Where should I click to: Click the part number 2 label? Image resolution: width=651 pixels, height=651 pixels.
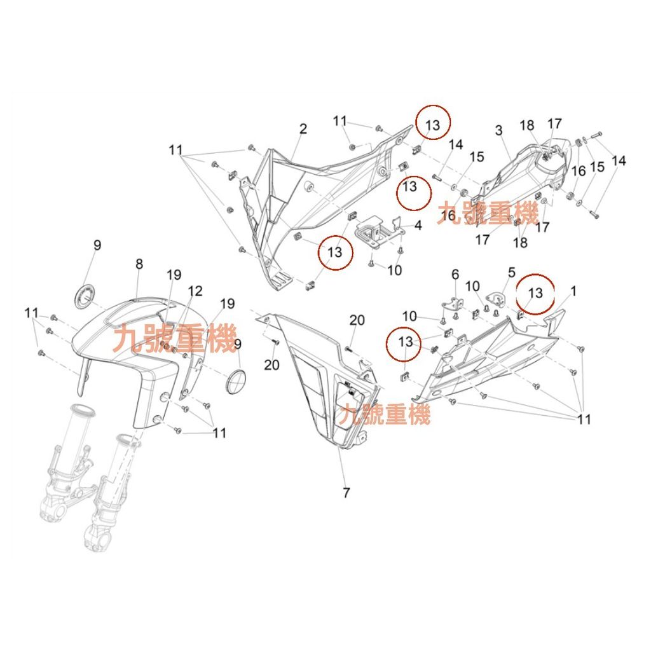[x=303, y=129]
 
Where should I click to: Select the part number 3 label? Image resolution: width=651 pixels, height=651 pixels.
[x=499, y=130]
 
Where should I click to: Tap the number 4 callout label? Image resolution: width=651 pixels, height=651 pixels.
[x=418, y=226]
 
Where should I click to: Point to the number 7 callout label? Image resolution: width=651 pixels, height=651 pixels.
[x=346, y=492]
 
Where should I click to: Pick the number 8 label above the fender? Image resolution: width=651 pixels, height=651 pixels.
[x=139, y=264]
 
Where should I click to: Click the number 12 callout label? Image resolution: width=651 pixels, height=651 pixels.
[x=195, y=291]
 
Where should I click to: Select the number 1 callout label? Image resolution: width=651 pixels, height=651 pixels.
[x=573, y=291]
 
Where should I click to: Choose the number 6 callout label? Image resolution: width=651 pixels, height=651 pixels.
[x=455, y=274]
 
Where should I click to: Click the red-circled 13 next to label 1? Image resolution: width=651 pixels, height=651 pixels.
[x=535, y=293]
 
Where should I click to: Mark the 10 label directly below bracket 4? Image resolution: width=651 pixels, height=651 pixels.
[x=394, y=270]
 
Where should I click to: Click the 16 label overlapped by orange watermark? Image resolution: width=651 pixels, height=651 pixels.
[x=448, y=216]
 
